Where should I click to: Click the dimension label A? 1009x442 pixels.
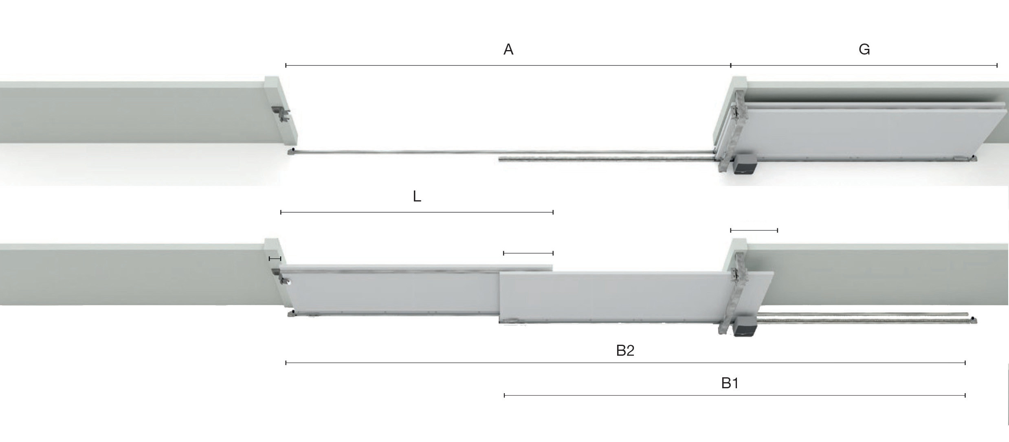point(508,50)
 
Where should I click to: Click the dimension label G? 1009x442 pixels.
point(864,50)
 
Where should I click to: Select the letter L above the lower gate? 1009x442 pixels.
point(417,197)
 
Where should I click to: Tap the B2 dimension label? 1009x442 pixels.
point(625,350)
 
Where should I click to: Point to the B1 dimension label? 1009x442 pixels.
point(730,383)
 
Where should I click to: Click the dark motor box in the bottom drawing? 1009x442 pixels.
point(743,326)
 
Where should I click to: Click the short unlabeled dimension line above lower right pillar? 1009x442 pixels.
point(754,230)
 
